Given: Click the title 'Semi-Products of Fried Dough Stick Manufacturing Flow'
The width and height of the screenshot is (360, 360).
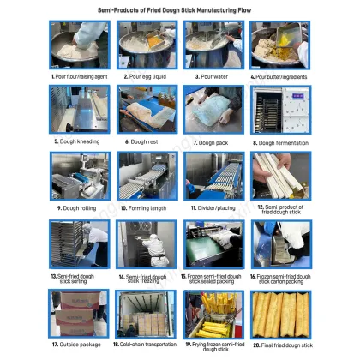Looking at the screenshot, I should click(179, 8).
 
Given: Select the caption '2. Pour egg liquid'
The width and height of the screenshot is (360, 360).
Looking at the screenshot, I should click(146, 75).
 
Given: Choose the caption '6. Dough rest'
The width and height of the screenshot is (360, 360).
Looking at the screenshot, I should click(146, 142).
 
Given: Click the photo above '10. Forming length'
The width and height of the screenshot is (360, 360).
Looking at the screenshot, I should click(146, 174).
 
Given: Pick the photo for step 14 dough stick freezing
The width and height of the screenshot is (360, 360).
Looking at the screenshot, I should click(146, 243).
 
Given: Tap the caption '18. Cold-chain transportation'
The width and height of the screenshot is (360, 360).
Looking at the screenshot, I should click(146, 345).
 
